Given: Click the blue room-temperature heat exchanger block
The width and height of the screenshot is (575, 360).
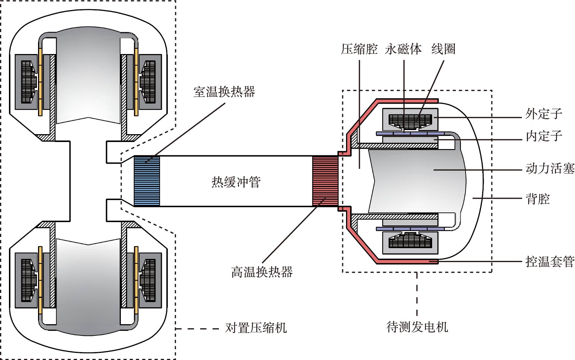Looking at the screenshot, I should coord(147,181).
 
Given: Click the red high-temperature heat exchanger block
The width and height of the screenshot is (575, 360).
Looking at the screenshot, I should coord(325,181).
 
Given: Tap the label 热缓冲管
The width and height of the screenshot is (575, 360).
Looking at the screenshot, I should coord(236,182).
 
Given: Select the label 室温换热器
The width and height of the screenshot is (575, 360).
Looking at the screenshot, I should coord(224,92).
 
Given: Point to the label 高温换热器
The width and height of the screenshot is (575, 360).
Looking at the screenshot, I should coord(262,272).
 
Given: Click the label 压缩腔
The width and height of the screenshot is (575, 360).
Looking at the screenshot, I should coord(359,49).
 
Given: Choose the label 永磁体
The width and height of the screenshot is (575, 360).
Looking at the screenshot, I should coord(403,49).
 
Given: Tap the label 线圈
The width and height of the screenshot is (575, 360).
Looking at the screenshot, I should coord(443,49).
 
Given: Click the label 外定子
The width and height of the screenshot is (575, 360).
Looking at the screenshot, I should coord(544,114).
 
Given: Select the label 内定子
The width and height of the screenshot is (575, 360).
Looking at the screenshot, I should coord(544,136).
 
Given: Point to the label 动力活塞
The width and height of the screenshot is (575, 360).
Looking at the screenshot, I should coord(550,168).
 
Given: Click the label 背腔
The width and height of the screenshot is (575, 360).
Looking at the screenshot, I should coord(538,199).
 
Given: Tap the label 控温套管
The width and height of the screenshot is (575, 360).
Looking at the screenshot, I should coord(550,261).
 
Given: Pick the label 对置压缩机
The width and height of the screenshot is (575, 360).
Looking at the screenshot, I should coord(256,328).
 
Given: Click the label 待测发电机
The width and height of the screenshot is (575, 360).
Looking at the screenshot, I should coord(417,327).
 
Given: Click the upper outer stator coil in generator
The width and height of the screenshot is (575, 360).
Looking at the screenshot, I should coord(410,121).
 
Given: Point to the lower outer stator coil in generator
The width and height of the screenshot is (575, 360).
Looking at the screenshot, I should coord(410,241).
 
